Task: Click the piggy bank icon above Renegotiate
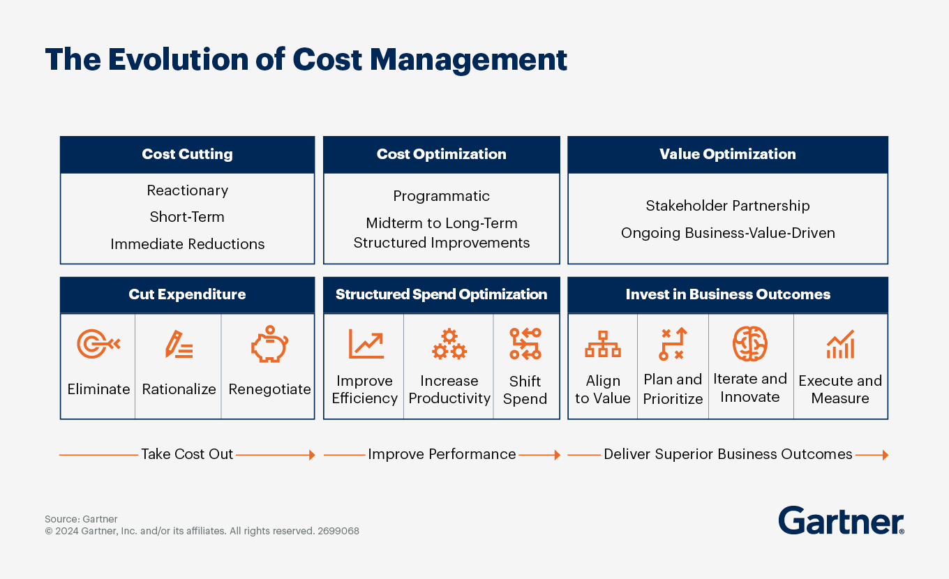(269, 346)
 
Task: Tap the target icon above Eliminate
(98, 344)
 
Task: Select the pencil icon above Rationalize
(179, 345)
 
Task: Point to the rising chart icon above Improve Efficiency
(366, 345)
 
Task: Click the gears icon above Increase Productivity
(449, 345)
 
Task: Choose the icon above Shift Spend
(525, 344)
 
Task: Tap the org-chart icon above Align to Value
(602, 345)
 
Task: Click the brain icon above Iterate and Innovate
(750, 343)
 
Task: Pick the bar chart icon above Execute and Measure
(840, 345)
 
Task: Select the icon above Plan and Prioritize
(673, 344)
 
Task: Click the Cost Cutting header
(187, 154)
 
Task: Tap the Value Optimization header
(727, 154)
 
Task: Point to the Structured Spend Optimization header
(441, 294)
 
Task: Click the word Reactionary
(187, 190)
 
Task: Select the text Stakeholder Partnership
(727, 206)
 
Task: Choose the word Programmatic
(441, 196)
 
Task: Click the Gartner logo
(841, 520)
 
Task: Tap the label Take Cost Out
(187, 454)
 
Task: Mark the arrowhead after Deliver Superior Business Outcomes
(885, 455)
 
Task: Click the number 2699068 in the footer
(338, 531)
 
